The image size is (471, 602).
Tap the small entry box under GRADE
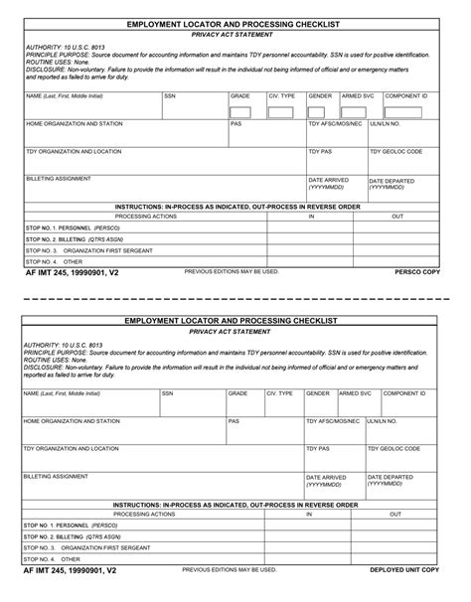240,111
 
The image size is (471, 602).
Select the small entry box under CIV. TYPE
280,111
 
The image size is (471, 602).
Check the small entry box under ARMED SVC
353,111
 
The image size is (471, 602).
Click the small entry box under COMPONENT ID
405,111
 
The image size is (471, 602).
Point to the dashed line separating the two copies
235,297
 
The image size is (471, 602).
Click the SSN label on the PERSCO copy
170,96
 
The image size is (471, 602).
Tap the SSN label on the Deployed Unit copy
167,393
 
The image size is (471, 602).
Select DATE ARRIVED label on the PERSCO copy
329,180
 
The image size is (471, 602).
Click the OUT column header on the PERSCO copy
397,216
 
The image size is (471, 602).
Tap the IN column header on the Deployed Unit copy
308,515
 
